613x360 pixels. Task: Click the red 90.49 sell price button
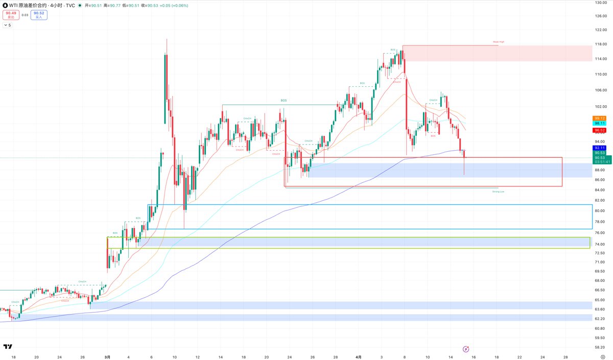click(10, 15)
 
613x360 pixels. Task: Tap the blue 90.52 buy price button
click(39, 15)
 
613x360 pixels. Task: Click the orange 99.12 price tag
click(600, 118)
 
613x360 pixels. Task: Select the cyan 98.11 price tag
click(600, 124)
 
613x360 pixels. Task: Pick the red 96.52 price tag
click(600, 130)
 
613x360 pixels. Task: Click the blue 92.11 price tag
click(600, 148)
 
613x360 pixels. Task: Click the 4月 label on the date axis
click(358, 357)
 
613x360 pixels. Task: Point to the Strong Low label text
click(498, 191)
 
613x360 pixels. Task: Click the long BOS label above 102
click(283, 101)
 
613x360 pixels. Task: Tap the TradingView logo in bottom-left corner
click(8, 347)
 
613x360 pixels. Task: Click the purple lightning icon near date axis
click(466, 349)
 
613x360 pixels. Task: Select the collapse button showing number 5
click(7, 25)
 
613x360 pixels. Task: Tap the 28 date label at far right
click(565, 357)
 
